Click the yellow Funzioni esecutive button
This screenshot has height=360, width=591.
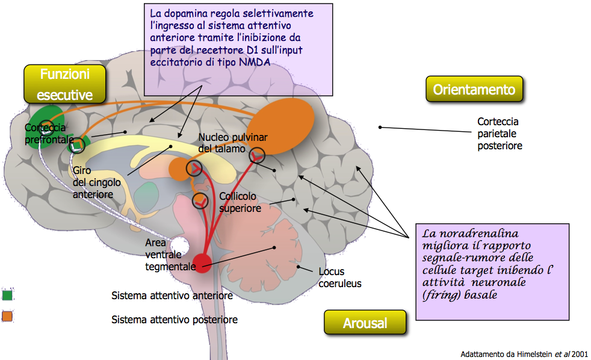point(65,84)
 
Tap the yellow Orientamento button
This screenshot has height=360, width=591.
point(474,89)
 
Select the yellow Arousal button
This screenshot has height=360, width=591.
point(365,323)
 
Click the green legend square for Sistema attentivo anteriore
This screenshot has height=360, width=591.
point(7,295)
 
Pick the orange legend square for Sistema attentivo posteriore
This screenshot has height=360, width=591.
point(7,316)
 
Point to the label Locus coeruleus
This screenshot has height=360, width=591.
point(340,278)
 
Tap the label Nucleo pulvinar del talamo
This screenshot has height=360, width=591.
point(233,143)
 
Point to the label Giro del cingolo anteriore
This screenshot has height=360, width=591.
point(96,182)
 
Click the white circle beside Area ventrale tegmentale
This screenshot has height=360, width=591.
point(179,246)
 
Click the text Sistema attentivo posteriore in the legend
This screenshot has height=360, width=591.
point(174,320)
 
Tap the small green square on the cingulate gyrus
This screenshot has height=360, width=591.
point(77,145)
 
